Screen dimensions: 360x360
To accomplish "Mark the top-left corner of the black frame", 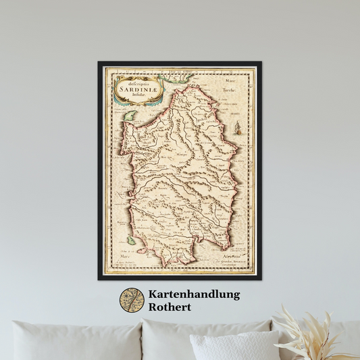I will coord(99,62).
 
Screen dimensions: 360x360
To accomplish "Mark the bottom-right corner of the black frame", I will coord(261,279).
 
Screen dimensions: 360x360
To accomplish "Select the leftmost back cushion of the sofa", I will coord(75,341).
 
